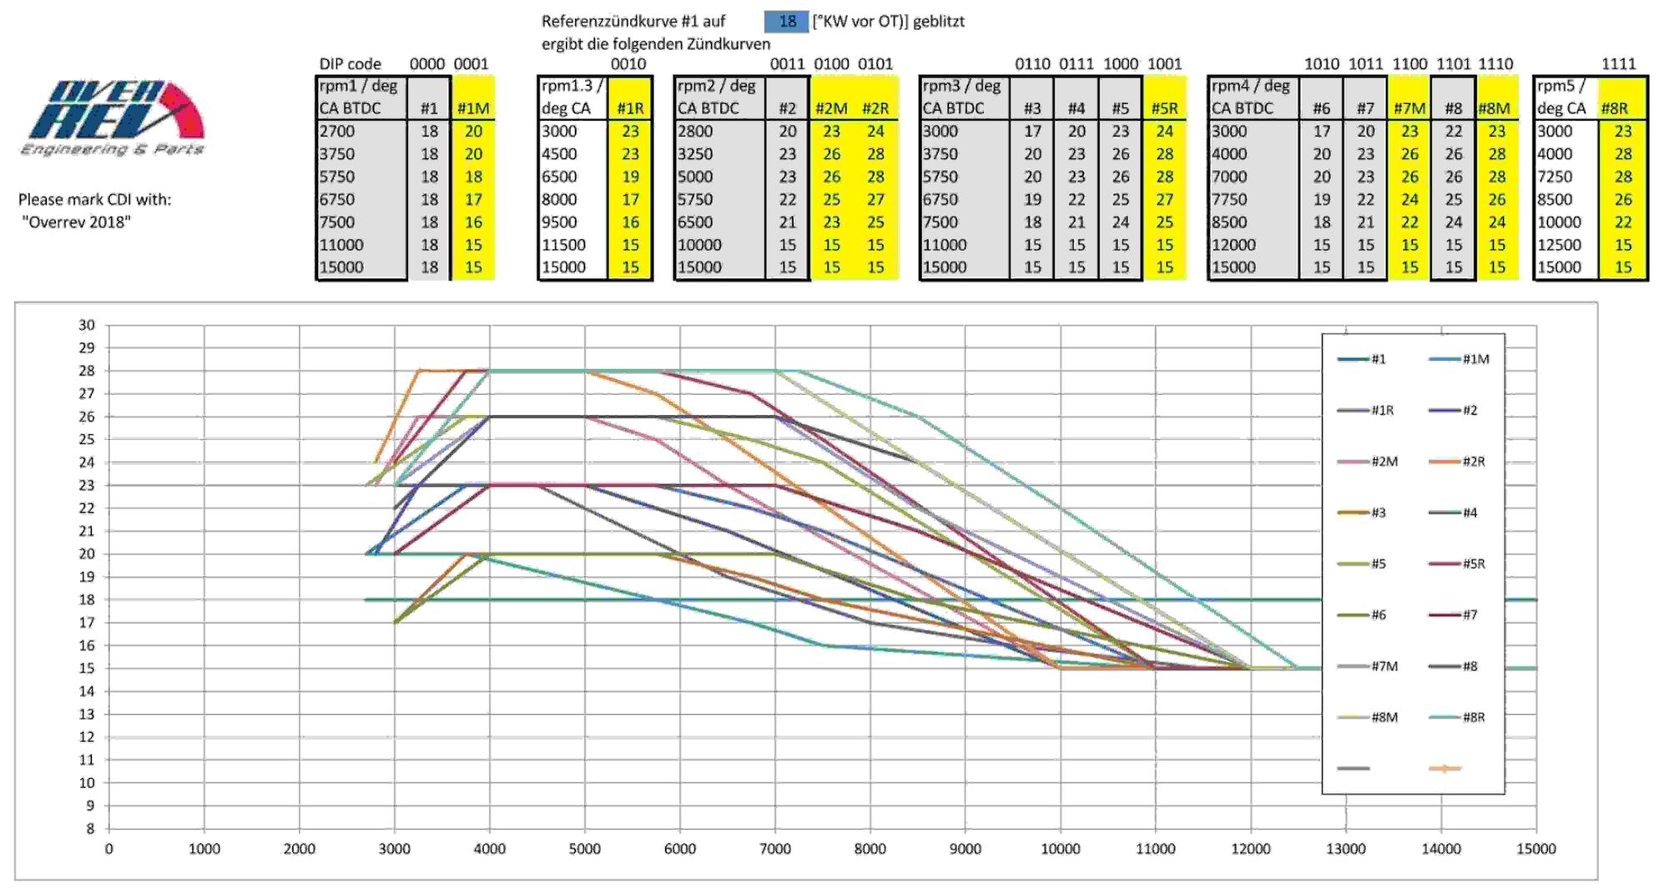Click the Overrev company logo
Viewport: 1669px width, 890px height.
pyautogui.click(x=113, y=117)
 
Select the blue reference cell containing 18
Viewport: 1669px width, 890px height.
pyautogui.click(x=786, y=22)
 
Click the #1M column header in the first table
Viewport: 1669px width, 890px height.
pyautogui.click(x=473, y=109)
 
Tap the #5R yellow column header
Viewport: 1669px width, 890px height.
pyautogui.click(x=1164, y=109)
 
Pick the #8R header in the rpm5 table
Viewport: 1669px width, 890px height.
pyautogui.click(x=1615, y=109)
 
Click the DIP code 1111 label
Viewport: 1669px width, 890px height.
pyautogui.click(x=1618, y=64)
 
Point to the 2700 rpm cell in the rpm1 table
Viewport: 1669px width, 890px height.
pyautogui.click(x=337, y=131)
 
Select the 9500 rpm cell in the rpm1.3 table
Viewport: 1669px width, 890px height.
pyautogui.click(x=559, y=222)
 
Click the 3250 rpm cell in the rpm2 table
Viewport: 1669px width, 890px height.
pyautogui.click(x=695, y=154)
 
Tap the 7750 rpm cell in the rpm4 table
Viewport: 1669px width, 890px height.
pyautogui.click(x=1229, y=200)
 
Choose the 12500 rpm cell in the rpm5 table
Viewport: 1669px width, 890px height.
pyautogui.click(x=1559, y=245)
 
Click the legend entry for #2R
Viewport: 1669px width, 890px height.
pyautogui.click(x=1457, y=462)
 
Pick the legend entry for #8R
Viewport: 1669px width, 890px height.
pyautogui.click(x=1457, y=717)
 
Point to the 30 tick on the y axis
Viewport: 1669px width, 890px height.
pyautogui.click(x=87, y=325)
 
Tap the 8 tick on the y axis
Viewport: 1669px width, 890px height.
pyautogui.click(x=91, y=829)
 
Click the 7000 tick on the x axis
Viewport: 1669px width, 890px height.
pyautogui.click(x=774, y=849)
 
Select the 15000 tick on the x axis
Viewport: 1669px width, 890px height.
pyautogui.click(x=1535, y=849)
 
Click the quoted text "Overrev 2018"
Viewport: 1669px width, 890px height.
pyautogui.click(x=76, y=222)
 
